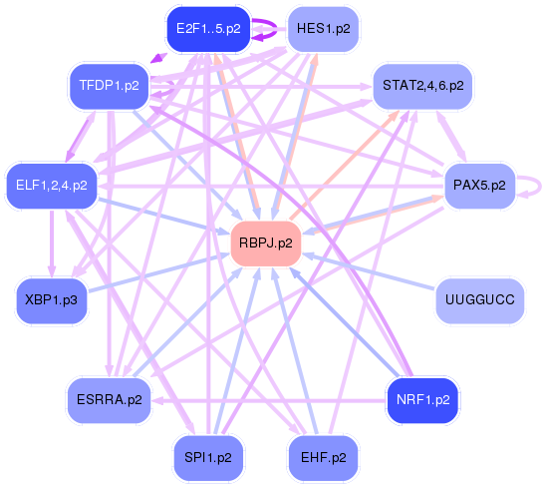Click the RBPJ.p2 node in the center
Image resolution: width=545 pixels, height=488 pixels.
(266, 244)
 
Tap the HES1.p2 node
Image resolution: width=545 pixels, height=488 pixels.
(323, 29)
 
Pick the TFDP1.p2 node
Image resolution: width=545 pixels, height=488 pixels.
(109, 86)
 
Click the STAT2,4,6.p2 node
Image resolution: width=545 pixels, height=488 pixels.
(422, 86)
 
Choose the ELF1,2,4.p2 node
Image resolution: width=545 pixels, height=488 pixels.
(52, 186)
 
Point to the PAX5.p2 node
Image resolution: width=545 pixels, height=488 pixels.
(479, 186)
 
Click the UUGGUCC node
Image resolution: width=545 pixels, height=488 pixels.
(479, 299)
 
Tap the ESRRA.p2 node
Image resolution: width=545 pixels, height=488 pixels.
(109, 400)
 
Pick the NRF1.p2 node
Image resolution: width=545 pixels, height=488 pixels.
(422, 400)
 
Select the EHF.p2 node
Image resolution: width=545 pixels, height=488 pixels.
(323, 457)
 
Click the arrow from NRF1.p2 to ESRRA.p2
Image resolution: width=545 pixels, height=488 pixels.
(269, 400)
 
